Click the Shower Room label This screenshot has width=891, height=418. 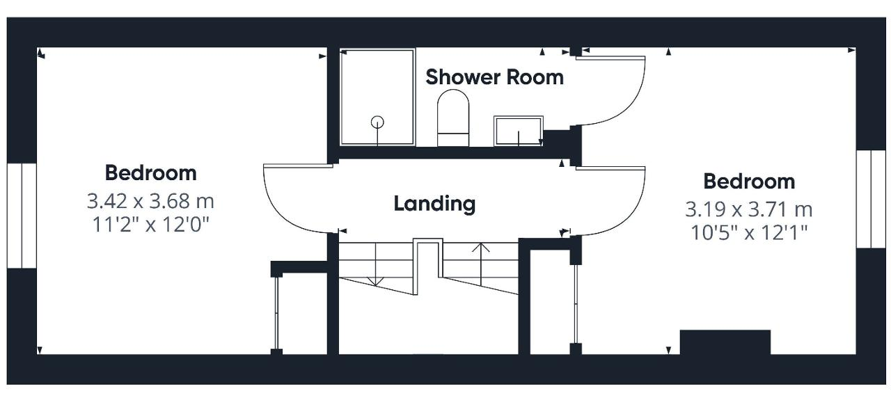click(x=494, y=77)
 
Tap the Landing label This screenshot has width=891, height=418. click(x=434, y=204)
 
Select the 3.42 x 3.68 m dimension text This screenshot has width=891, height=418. click(x=150, y=201)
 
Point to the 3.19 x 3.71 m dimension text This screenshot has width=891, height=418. click(x=748, y=209)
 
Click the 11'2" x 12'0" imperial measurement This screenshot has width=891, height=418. click(x=150, y=225)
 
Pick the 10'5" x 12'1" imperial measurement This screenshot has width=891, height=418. click(x=749, y=233)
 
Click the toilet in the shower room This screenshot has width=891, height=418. click(x=453, y=118)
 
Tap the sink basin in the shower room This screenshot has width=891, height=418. click(x=519, y=131)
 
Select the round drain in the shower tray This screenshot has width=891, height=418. click(x=377, y=122)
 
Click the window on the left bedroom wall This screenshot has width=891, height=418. click(x=22, y=216)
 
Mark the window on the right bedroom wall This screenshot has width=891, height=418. click(x=871, y=199)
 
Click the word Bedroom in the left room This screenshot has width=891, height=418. click(x=151, y=173)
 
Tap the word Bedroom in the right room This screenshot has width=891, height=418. click(x=749, y=182)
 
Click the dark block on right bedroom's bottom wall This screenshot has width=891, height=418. click(x=725, y=341)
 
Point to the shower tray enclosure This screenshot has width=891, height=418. click(x=377, y=97)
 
